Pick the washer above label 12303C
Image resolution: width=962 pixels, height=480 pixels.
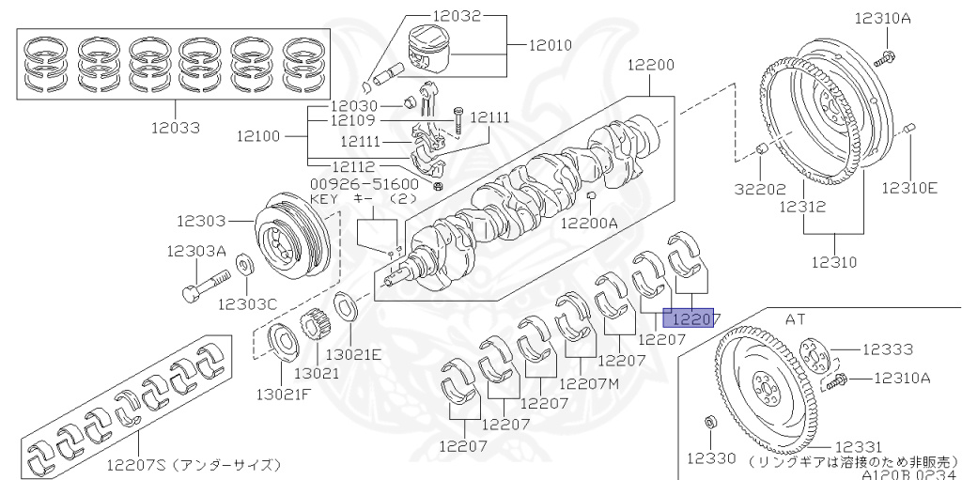click(243, 264)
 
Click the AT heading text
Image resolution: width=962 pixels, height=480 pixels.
click(796, 319)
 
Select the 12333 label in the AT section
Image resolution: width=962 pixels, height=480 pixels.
click(887, 349)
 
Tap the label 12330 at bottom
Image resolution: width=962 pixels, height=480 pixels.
click(713, 458)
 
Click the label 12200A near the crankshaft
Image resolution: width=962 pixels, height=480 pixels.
click(589, 223)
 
